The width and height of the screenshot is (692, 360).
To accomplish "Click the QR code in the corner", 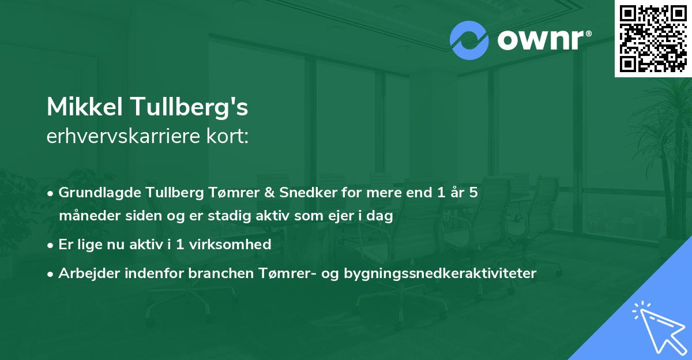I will [653, 38].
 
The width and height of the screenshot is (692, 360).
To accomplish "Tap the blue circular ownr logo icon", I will [469, 40].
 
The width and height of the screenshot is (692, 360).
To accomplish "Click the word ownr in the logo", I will [543, 40].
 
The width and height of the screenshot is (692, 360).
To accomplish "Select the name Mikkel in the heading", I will [84, 106].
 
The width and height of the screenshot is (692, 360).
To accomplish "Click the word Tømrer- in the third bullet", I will [275, 273].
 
